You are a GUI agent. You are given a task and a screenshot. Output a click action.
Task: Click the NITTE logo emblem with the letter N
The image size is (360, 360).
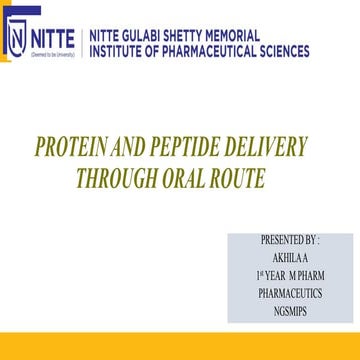[x=17, y=39]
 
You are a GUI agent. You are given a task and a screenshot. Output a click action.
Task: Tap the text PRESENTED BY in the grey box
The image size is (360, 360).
[x=290, y=241]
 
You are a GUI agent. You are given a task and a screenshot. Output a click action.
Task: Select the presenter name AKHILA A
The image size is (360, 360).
[x=290, y=257]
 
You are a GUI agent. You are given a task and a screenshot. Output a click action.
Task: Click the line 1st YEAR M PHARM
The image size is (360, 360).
[x=290, y=274]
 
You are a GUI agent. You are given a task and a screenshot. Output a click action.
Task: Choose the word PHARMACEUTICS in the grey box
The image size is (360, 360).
[x=290, y=290]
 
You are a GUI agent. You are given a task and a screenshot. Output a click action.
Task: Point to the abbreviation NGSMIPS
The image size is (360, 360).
[x=290, y=307]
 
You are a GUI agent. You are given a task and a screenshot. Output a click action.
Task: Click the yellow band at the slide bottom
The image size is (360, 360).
[x=180, y=343]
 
